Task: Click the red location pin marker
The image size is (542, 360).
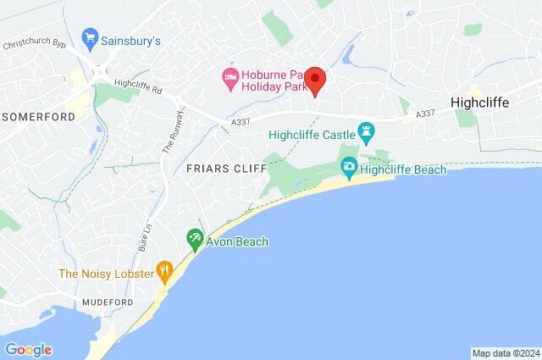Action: point(315,80)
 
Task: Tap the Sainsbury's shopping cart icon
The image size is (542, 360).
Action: point(89,38)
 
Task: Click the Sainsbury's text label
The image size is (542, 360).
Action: point(130,39)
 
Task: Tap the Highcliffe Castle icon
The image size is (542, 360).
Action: point(366,131)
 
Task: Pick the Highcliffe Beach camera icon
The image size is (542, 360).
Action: point(348,169)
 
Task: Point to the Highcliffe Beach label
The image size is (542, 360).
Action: point(402,169)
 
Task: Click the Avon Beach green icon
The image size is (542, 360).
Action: point(195,241)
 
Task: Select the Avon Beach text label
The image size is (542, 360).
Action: point(237,241)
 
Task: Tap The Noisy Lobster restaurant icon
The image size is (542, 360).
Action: point(165,273)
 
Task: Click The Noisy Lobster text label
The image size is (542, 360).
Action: point(105,274)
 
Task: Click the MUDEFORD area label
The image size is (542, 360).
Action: point(108,302)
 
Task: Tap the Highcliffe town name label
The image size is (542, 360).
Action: point(491,101)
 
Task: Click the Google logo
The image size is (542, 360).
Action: point(28,350)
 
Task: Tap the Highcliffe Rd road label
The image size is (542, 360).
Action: point(138,84)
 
